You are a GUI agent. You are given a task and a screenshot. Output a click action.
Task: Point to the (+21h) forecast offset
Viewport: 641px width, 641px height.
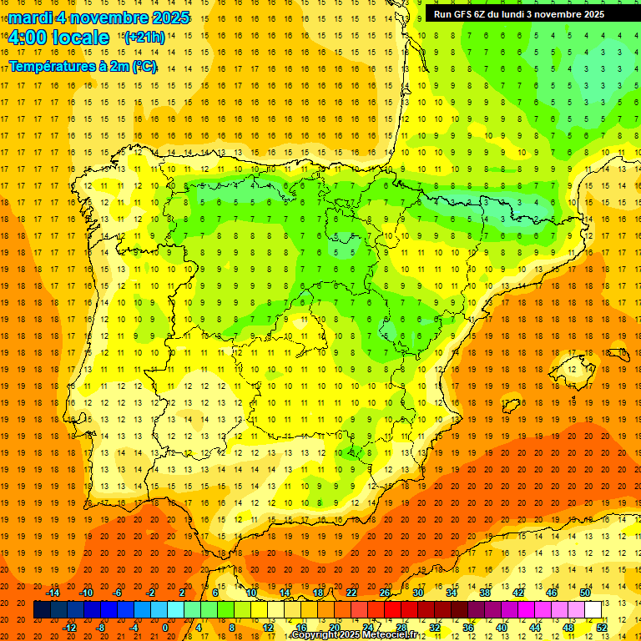pyautogui.click(x=144, y=38)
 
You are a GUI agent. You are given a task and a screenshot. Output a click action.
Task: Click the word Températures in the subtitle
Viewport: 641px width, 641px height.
pyautogui.click(x=52, y=66)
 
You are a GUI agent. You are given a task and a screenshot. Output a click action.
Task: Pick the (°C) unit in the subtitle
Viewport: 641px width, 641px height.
pyautogui.click(x=144, y=66)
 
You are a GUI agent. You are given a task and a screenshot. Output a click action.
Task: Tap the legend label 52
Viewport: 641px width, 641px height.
pyautogui.click(x=602, y=628)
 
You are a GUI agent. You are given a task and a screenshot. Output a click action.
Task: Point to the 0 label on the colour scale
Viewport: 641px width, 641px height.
pyautogui.click(x=165, y=628)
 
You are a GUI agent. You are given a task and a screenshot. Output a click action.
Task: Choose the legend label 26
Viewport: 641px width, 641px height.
pyautogui.click(x=385, y=593)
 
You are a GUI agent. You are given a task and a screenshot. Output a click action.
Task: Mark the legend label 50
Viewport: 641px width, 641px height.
pyautogui.click(x=585, y=593)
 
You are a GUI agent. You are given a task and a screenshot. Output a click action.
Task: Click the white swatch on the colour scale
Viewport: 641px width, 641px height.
pyautogui.click(x=593, y=609)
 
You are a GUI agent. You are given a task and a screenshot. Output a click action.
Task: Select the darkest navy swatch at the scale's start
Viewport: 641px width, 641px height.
pyautogui.click(x=42, y=609)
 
